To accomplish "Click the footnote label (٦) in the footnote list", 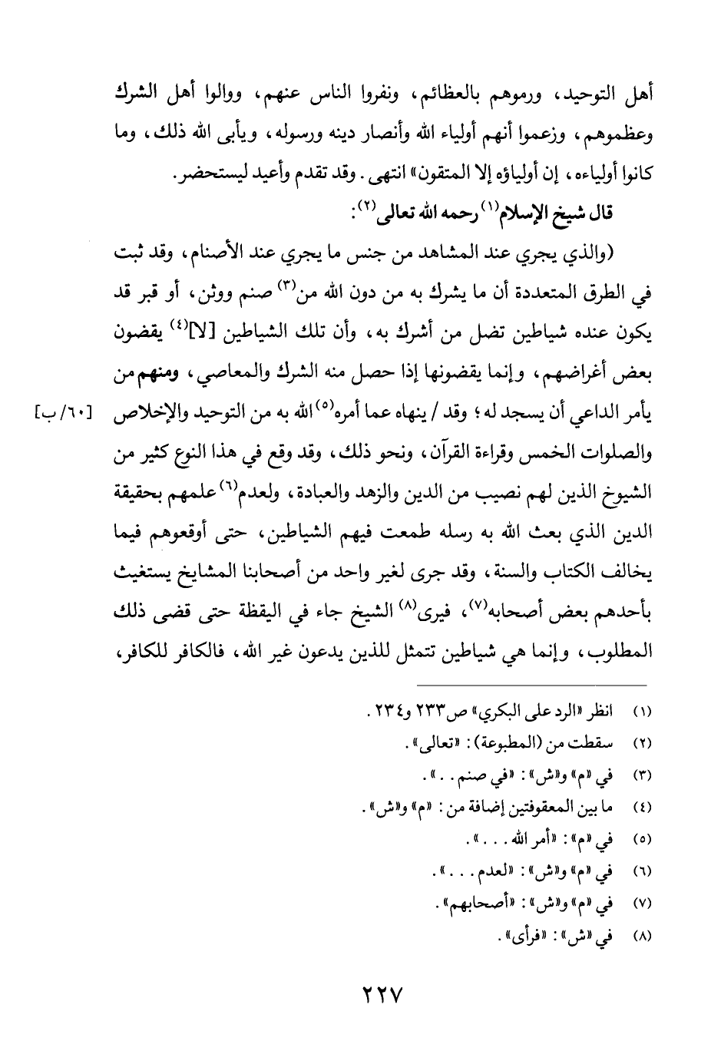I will click(x=644, y=873).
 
